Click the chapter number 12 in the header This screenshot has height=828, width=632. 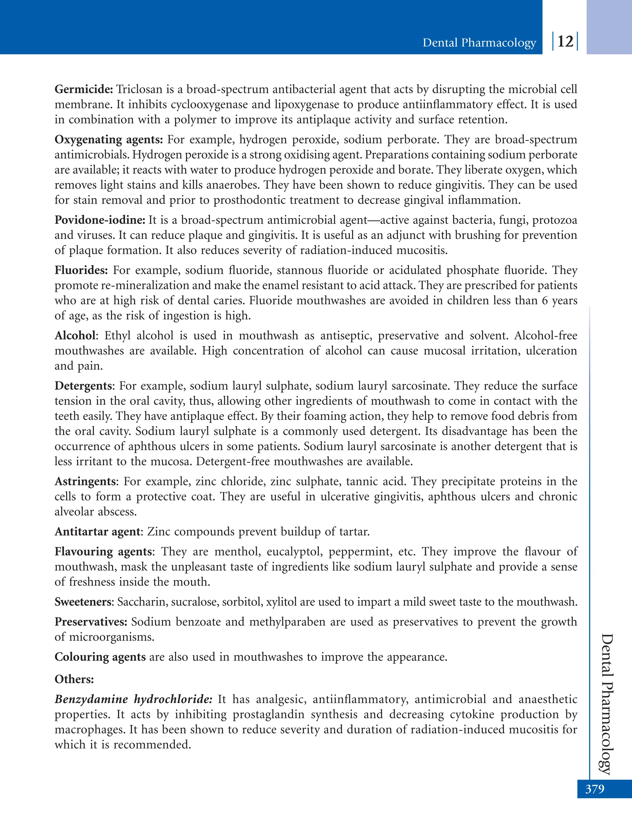click(x=565, y=41)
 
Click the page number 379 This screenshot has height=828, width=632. click(x=594, y=789)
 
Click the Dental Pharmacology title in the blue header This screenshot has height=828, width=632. click(x=479, y=43)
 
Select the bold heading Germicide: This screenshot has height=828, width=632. click(x=84, y=89)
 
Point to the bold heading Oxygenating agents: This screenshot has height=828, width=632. click(x=108, y=140)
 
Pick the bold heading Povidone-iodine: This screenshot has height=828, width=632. click(x=100, y=220)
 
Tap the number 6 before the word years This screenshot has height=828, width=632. click(x=545, y=300)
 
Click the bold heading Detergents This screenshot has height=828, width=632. click(x=84, y=386)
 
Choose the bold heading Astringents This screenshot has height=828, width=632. click(x=86, y=482)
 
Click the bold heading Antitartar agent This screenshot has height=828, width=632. click(x=98, y=532)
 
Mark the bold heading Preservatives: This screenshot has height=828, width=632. click(x=91, y=622)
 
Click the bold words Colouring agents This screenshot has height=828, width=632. click(x=100, y=657)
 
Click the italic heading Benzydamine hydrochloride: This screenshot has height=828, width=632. click(x=133, y=699)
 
